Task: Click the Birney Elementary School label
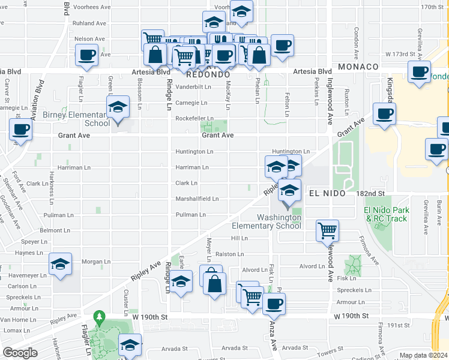pos(68,119)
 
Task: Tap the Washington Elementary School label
pos(279,221)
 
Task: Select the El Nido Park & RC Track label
pos(387,214)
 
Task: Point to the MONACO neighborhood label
pos(358,67)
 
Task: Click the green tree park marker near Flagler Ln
pos(100,318)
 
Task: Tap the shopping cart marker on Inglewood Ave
pos(328,230)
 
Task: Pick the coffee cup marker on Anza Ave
pos(274,304)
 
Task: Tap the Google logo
pos(20,353)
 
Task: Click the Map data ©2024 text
pos(423,355)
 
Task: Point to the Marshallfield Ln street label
pos(197,199)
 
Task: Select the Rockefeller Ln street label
pos(194,118)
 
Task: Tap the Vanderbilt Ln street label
pos(194,87)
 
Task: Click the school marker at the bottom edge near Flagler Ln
pos(130,346)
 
